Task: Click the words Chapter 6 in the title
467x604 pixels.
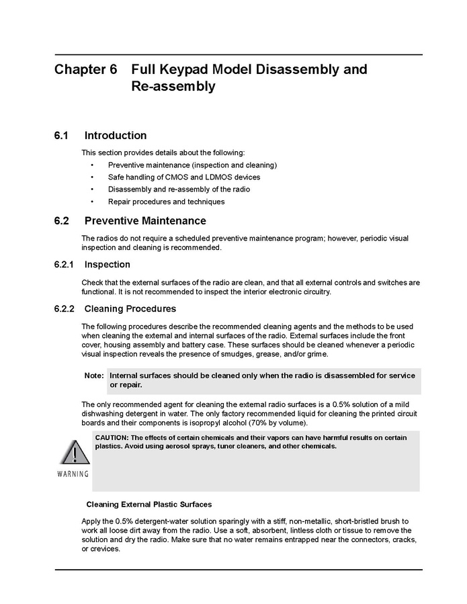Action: coord(86,69)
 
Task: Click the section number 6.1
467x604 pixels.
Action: coord(62,136)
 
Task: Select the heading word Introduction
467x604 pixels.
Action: coord(116,136)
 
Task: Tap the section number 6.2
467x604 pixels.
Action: coord(62,221)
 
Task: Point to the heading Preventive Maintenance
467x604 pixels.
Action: coord(145,221)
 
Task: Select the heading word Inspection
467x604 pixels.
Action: coord(108,264)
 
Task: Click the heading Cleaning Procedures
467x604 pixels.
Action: coord(130,309)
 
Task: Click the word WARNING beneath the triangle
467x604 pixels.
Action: coord(73,474)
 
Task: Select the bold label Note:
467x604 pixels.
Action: coord(94,376)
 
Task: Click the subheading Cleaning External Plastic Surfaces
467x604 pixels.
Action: coord(150,504)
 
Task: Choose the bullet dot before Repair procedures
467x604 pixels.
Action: coord(92,202)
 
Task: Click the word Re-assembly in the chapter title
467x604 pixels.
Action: coord(173,87)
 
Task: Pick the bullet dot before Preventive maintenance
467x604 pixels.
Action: coord(92,165)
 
